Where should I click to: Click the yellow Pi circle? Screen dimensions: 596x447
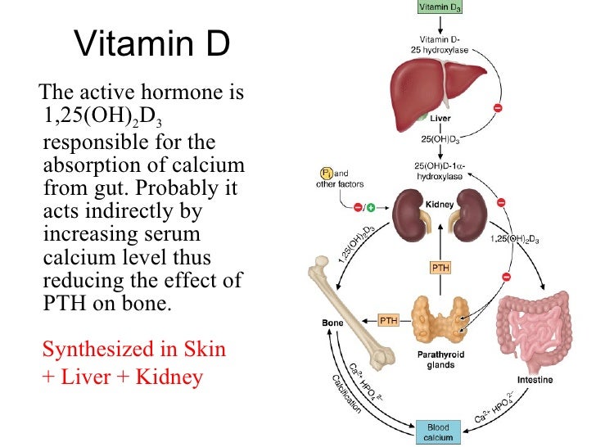(x=327, y=174)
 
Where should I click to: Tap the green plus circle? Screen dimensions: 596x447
(x=370, y=208)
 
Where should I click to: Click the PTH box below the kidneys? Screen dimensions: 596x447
(x=440, y=268)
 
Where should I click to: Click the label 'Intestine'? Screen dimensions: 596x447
(x=535, y=380)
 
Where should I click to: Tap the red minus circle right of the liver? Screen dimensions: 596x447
(x=498, y=107)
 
